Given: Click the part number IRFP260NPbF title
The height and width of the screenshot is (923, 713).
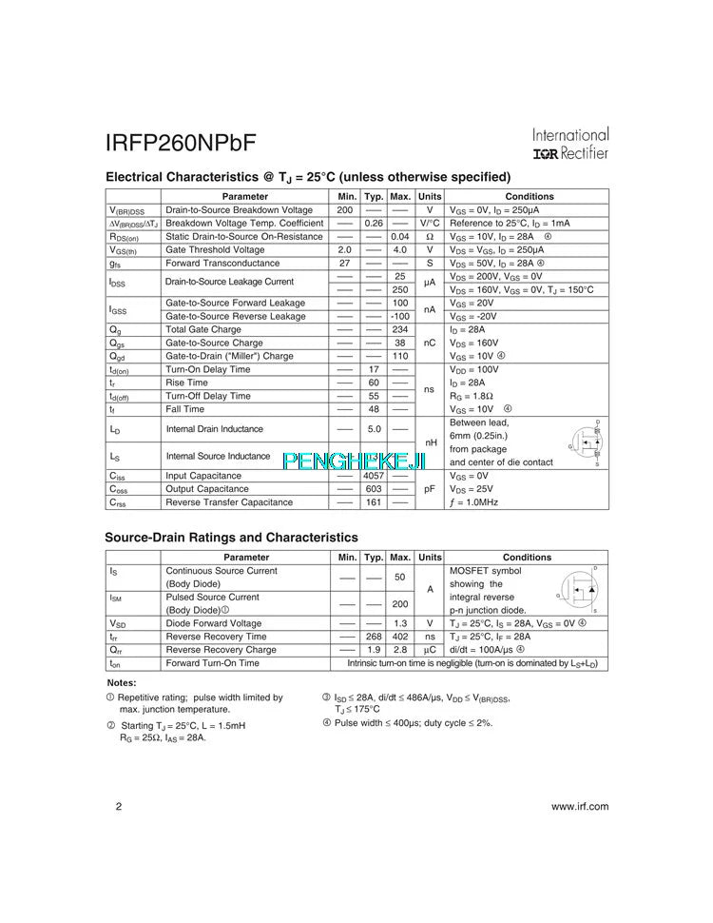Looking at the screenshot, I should [181, 143].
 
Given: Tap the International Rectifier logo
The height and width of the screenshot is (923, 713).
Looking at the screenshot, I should [570, 144].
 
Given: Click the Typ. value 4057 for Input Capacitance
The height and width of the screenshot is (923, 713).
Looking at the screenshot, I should [374, 476].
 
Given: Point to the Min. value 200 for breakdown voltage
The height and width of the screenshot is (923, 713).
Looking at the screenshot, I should [345, 210].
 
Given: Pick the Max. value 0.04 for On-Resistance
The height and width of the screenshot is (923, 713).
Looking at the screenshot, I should [400, 237].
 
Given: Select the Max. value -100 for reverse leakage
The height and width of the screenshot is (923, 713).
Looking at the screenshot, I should [400, 316].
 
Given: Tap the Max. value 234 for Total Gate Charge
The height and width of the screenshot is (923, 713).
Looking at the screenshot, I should [400, 329].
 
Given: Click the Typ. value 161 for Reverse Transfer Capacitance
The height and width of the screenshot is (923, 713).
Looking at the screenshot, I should [374, 502].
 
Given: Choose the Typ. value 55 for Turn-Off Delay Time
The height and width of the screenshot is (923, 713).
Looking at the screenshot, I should [374, 396].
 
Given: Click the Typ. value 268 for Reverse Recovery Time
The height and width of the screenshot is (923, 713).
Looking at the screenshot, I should [374, 637].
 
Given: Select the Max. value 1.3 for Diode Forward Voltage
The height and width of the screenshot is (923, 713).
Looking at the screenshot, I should [400, 623].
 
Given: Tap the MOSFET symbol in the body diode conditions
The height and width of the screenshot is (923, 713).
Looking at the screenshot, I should [580, 591].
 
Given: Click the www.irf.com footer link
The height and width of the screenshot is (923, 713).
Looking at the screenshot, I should [579, 807].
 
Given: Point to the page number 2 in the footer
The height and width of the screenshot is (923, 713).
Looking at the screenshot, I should [118, 807].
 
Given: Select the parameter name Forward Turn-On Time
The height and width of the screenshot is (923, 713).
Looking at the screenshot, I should [212, 663].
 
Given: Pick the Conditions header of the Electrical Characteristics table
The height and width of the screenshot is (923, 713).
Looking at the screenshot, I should [530, 197].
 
